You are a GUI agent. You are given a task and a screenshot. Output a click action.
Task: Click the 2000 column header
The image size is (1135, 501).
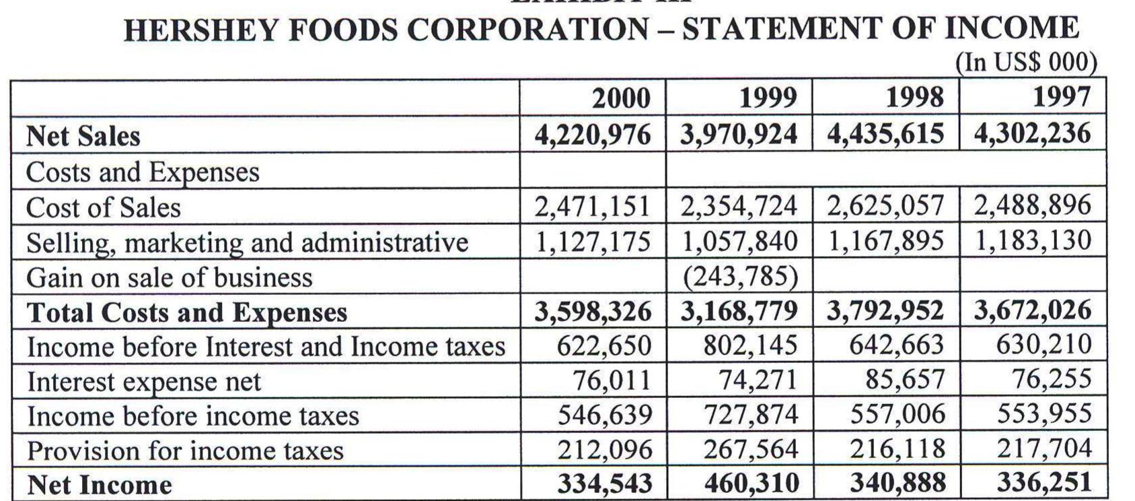coord(620,98)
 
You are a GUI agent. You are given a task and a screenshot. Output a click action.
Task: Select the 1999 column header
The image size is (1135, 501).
coord(767,98)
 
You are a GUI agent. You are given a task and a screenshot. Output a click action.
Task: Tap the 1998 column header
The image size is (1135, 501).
coord(914,98)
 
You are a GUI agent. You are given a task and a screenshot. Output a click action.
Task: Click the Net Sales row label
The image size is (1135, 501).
coord(83,136)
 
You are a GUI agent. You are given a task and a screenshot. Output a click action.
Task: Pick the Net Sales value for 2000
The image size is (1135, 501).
coord(593,134)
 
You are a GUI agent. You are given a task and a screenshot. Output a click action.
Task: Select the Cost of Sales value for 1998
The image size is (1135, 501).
coord(885,205)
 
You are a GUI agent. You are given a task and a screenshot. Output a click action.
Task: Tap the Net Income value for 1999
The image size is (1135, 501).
coord(752,483)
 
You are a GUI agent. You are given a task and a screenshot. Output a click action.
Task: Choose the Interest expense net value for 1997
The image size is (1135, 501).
coord(1052,378)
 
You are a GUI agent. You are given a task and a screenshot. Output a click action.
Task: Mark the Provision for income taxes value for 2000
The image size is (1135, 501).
coord(605,448)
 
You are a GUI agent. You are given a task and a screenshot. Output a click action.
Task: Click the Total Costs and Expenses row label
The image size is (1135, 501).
coord(187,312)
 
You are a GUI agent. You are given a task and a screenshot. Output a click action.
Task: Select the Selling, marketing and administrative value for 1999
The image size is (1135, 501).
coord(739,240)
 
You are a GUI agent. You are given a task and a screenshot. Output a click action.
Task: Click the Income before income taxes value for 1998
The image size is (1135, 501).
coord(898,413)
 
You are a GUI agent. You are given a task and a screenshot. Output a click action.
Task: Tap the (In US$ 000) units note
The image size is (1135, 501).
coord(1026,62)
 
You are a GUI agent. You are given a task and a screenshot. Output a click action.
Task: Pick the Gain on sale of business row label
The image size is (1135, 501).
coord(170,277)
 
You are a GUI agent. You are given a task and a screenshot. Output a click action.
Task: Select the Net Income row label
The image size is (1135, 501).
coord(100,485)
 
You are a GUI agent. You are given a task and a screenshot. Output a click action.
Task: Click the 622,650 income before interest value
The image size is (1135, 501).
coord(603,345)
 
